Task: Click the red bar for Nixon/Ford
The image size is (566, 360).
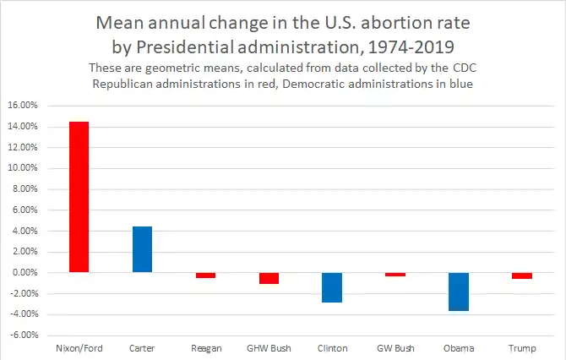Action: click(x=79, y=197)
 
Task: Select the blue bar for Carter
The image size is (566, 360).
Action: click(x=142, y=249)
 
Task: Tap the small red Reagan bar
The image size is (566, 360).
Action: click(x=205, y=275)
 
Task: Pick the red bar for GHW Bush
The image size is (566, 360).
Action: click(x=269, y=278)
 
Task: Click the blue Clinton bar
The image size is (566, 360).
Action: click(x=332, y=287)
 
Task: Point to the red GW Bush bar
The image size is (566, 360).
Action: click(x=395, y=274)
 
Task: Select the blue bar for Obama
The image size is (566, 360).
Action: click(x=459, y=292)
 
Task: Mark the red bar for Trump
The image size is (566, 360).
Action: click(x=522, y=275)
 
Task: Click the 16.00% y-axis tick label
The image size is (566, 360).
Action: click(x=24, y=106)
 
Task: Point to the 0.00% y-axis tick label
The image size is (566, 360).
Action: click(x=26, y=273)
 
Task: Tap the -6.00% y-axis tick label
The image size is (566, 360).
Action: click(x=24, y=335)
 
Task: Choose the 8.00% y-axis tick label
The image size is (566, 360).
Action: click(x=26, y=189)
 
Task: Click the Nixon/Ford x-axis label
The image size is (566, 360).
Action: click(x=79, y=348)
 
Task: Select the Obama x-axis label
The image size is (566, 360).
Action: click(x=459, y=348)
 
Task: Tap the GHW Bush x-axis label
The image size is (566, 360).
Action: click(x=269, y=348)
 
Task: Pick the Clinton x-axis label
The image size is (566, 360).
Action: click(x=332, y=348)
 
